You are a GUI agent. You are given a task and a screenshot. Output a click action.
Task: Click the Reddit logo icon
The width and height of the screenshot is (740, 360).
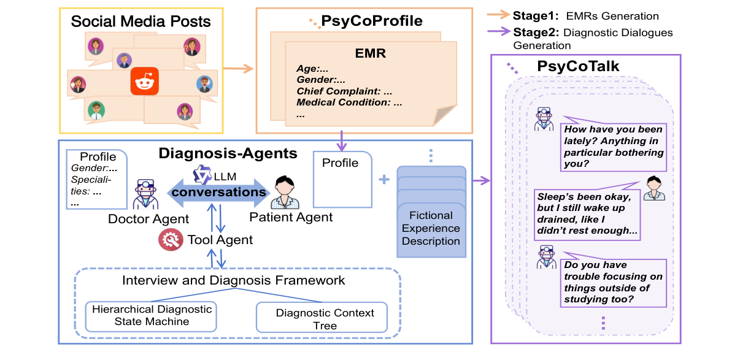tap(145, 81)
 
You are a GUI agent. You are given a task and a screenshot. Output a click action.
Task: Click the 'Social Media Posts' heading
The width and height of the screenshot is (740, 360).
tap(141, 22)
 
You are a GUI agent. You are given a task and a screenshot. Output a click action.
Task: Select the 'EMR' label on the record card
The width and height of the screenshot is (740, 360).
tap(371, 53)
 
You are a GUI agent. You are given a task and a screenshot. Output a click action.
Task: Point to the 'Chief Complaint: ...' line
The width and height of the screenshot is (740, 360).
tap(344, 91)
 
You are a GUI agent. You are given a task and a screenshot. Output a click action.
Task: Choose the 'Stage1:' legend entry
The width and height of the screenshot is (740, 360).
tap(533, 16)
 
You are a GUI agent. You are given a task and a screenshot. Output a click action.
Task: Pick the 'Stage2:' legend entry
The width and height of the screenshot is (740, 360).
tap(533, 33)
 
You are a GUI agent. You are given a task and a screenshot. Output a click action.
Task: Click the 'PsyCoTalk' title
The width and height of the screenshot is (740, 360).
tap(577, 66)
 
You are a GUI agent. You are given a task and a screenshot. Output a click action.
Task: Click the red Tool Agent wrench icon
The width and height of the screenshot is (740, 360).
tap(170, 239)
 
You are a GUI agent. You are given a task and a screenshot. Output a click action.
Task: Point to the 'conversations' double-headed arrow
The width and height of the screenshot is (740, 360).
tap(219, 192)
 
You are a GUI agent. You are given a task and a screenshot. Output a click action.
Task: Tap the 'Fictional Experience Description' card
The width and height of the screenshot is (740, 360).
tap(431, 228)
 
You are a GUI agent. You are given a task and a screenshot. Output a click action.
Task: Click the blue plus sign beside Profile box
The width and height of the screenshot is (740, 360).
tap(384, 180)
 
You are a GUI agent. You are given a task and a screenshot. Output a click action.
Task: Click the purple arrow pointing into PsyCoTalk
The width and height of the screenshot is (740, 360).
tap(481, 180)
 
